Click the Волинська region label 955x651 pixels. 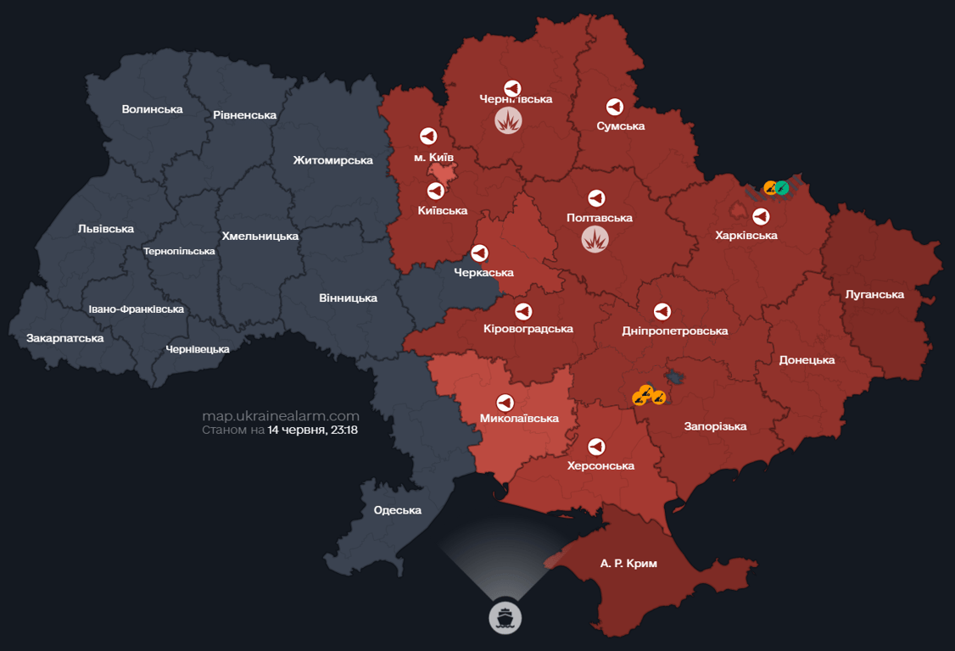(x=152, y=109)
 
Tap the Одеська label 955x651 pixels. (x=398, y=510)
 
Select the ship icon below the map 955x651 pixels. (x=505, y=617)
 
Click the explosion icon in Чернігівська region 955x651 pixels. (x=508, y=120)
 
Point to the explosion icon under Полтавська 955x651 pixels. (x=595, y=239)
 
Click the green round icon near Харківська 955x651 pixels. (x=782, y=187)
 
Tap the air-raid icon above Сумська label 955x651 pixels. (x=614, y=107)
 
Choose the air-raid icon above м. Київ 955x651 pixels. (x=428, y=136)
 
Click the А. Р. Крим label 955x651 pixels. (x=628, y=563)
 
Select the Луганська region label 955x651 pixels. (x=874, y=295)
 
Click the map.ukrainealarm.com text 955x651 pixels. (x=281, y=416)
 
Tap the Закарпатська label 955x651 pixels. (x=64, y=338)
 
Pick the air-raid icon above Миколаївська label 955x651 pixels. (x=505, y=402)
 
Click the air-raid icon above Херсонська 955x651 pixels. (x=596, y=447)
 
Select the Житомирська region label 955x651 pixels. (x=332, y=160)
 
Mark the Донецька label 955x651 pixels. (x=807, y=360)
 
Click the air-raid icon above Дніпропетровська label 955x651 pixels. (x=662, y=312)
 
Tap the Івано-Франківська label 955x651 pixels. (x=137, y=309)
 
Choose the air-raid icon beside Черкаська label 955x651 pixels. (x=479, y=253)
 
